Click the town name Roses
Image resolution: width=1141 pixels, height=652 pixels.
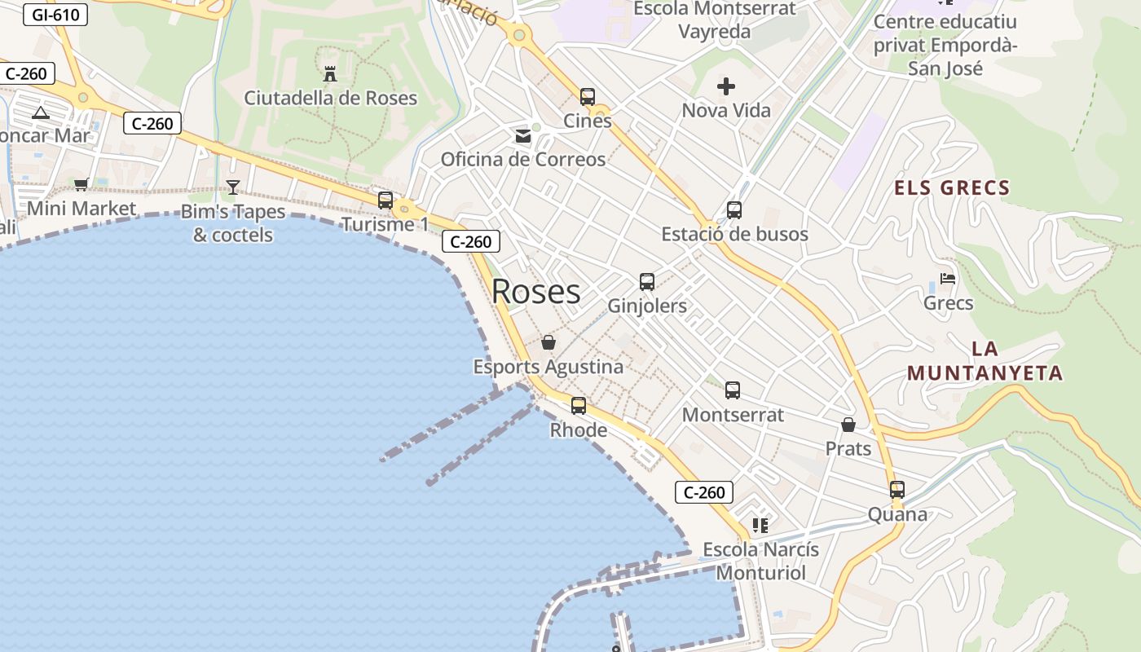[536, 292]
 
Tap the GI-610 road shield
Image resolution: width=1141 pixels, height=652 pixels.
[55, 15]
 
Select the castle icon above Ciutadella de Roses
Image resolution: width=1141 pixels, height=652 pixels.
[330, 74]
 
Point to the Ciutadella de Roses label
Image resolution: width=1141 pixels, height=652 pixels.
[330, 99]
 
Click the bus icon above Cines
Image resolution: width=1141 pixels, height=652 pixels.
[588, 97]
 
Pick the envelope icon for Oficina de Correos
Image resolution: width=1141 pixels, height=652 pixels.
[522, 136]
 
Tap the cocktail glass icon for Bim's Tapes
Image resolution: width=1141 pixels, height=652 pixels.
[233, 187]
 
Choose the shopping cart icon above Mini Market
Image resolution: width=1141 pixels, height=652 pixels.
[81, 185]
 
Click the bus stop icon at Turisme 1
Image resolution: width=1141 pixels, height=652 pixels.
[385, 200]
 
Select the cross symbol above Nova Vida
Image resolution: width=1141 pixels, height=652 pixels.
[726, 86]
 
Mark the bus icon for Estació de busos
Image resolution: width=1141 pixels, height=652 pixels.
[734, 210]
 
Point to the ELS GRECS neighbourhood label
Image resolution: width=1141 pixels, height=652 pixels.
[952, 188]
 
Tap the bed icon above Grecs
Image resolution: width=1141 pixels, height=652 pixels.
[948, 279]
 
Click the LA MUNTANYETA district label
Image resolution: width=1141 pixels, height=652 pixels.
[985, 361]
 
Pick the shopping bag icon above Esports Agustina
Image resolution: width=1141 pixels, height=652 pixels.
[548, 342]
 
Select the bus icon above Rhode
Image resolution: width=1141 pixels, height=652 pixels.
[579, 405]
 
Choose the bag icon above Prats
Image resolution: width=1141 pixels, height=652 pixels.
[848, 425]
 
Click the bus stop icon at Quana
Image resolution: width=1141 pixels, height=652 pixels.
[897, 490]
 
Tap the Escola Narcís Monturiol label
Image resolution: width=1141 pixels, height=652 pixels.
[760, 561]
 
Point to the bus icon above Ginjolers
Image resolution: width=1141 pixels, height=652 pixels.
[647, 282]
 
